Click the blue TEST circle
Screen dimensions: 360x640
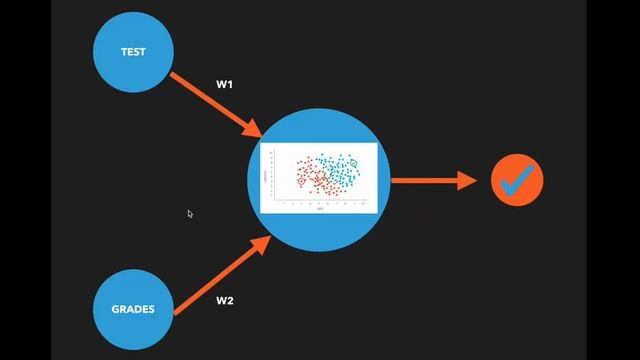point(133,52)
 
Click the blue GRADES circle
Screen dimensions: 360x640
point(133,308)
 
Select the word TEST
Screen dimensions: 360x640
point(133,52)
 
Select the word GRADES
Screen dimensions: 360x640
point(133,309)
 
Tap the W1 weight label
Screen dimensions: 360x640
point(226,84)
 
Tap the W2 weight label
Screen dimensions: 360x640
point(226,300)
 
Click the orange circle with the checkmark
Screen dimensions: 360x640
point(517,181)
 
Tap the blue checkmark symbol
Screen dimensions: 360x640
point(517,180)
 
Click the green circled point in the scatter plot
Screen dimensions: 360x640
point(353,162)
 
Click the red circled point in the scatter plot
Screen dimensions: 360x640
point(301,183)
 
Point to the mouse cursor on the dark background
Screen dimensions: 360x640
point(189,212)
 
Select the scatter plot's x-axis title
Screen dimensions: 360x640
point(320,209)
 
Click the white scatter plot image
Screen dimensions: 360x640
point(319,178)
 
